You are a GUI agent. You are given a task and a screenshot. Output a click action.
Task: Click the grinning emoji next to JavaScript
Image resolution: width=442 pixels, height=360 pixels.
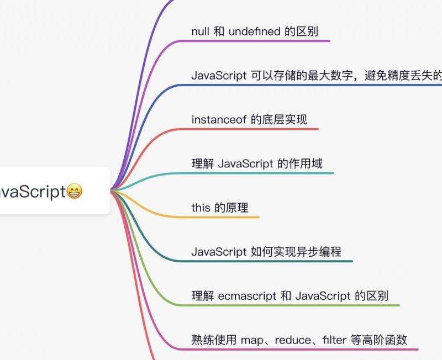pos(74,192)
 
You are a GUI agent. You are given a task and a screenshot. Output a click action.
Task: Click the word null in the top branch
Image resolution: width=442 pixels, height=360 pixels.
pos(201,31)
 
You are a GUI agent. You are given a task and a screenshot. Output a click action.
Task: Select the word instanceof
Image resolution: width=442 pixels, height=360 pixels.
pos(219,119)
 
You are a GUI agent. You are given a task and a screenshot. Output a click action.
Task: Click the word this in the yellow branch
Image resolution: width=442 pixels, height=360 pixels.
pos(201,208)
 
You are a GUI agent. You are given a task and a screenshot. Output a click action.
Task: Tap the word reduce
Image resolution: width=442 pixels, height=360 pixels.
pos(290,340)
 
